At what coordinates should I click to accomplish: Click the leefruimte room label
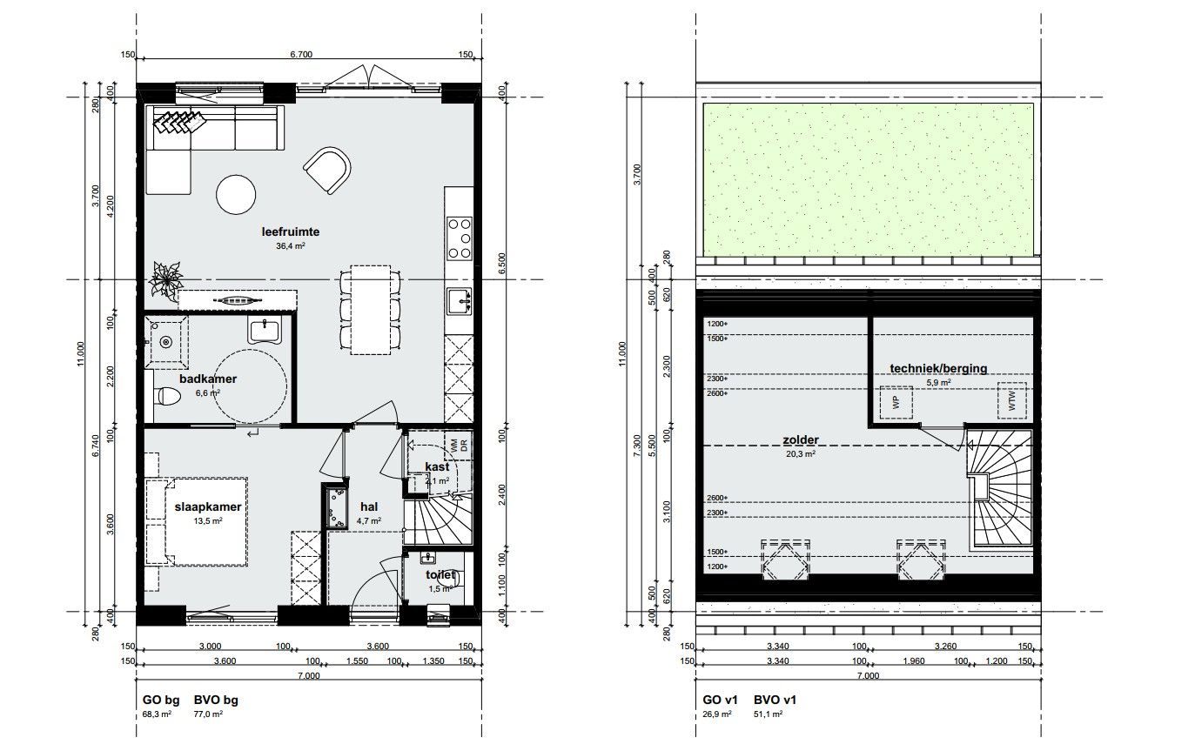(291, 232)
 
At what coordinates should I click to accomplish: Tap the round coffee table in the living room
(237, 195)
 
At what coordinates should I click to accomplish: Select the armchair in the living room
(327, 170)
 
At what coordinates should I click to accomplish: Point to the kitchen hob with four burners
(459, 238)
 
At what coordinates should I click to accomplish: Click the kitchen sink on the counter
(458, 301)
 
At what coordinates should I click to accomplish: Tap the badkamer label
(208, 379)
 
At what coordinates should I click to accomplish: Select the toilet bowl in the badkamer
(164, 397)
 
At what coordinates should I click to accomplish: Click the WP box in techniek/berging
(894, 401)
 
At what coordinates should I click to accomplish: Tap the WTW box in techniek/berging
(1011, 400)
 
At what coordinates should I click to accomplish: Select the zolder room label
(801, 440)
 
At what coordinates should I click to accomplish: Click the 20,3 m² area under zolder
(801, 453)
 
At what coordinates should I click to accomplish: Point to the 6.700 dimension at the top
(301, 54)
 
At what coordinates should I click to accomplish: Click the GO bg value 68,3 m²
(157, 714)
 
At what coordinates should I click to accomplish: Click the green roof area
(867, 180)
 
